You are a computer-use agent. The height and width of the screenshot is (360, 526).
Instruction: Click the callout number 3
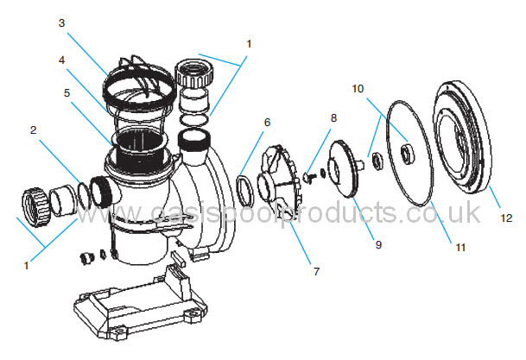click(x=61, y=23)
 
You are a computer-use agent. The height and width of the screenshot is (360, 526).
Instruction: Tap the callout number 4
click(x=61, y=60)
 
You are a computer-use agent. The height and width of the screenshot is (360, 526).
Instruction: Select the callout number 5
click(x=67, y=93)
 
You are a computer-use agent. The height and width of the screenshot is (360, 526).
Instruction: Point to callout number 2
click(x=33, y=130)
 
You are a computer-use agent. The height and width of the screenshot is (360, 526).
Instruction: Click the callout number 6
click(x=267, y=123)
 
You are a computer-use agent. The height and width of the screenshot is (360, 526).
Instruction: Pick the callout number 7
click(x=316, y=271)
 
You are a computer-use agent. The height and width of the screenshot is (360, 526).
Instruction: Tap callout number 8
click(x=333, y=118)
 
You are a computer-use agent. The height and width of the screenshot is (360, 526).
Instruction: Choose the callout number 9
click(x=378, y=244)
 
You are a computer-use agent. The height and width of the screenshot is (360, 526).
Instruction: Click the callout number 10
click(x=358, y=89)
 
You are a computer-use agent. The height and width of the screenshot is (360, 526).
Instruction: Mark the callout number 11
click(x=460, y=248)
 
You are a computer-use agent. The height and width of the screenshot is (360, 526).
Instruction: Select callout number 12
click(x=506, y=218)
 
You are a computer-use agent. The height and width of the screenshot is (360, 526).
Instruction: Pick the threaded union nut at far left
click(x=36, y=208)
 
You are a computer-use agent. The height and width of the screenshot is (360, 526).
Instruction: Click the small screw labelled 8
click(x=309, y=177)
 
